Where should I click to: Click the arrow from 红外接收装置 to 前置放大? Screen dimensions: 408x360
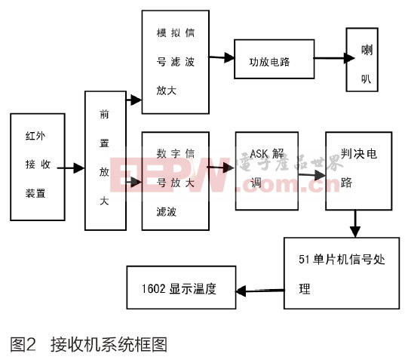[x=71, y=168]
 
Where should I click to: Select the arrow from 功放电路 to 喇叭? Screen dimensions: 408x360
[x=334, y=58]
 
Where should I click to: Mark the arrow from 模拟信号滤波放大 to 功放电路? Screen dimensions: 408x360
[x=222, y=57]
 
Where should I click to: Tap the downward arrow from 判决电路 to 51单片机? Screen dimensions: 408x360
[x=355, y=223]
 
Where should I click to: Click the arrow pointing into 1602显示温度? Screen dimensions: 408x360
[x=260, y=291]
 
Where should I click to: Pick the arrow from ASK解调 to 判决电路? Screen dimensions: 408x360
[x=311, y=175]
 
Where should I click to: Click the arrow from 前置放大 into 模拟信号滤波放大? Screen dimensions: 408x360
[x=133, y=100]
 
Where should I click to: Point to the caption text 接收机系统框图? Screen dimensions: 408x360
[x=109, y=344]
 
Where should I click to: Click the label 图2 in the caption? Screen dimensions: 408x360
[x=23, y=344]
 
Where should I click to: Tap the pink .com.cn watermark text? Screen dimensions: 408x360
[x=287, y=184]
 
